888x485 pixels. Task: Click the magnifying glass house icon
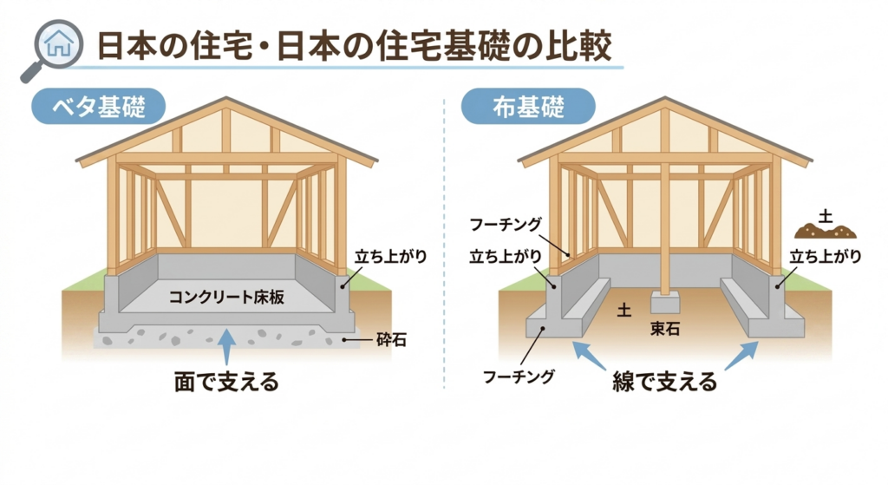52,49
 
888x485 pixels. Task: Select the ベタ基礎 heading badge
99,106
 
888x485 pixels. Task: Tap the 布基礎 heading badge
528,106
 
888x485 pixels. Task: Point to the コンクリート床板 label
226,297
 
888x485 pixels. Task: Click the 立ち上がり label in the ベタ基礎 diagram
390,257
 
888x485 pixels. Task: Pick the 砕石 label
391,340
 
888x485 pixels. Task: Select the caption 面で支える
226,382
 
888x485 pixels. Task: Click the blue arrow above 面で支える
226,345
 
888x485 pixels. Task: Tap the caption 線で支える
665,382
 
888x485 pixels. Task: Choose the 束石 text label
665,329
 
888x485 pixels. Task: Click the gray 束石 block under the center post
665,302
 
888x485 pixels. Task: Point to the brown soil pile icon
826,231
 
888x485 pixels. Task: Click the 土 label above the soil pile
826,216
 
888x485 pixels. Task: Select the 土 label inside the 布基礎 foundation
624,310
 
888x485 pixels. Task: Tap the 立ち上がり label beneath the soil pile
826,257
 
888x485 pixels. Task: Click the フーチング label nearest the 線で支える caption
519,377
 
